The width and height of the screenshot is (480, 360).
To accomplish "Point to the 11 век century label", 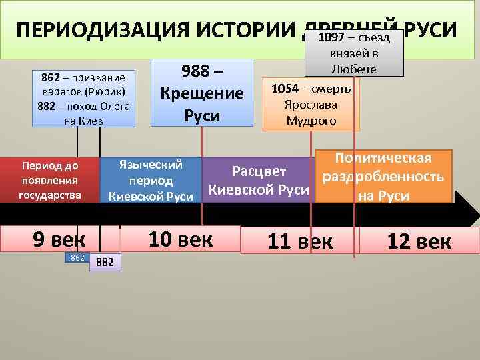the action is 299,241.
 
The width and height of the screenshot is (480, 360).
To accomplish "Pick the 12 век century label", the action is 419,241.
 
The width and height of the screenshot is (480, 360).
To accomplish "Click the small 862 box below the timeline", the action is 76,257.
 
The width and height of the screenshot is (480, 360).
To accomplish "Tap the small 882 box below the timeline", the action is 105,263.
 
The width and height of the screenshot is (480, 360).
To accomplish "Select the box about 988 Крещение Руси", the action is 202,93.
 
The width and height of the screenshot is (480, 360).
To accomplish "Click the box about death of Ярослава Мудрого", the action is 311,105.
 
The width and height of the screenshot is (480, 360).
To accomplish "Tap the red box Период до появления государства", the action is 50,179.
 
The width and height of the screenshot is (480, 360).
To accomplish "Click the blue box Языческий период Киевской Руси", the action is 150,180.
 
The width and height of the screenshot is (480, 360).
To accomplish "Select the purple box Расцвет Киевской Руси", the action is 259,180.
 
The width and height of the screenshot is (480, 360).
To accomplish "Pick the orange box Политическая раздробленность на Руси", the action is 383,177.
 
